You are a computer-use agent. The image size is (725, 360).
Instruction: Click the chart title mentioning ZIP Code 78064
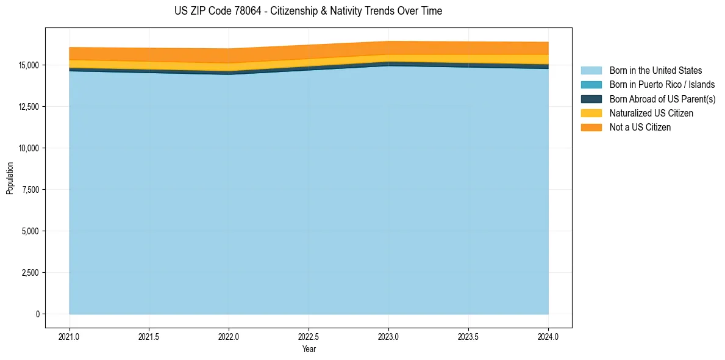308,11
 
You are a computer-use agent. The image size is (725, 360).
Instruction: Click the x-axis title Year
309,349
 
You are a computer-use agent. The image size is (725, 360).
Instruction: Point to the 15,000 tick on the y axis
28,65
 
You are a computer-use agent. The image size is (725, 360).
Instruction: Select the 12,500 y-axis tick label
28,107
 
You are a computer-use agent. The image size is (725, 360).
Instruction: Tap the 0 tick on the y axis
37,314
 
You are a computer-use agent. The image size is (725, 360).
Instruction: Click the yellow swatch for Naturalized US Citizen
591,113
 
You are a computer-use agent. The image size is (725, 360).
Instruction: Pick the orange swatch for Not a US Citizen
591,128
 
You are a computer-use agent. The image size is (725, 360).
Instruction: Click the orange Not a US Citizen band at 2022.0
229,56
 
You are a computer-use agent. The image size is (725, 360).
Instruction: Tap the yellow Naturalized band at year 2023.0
388,58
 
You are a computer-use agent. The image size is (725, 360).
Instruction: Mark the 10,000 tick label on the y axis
28,148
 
